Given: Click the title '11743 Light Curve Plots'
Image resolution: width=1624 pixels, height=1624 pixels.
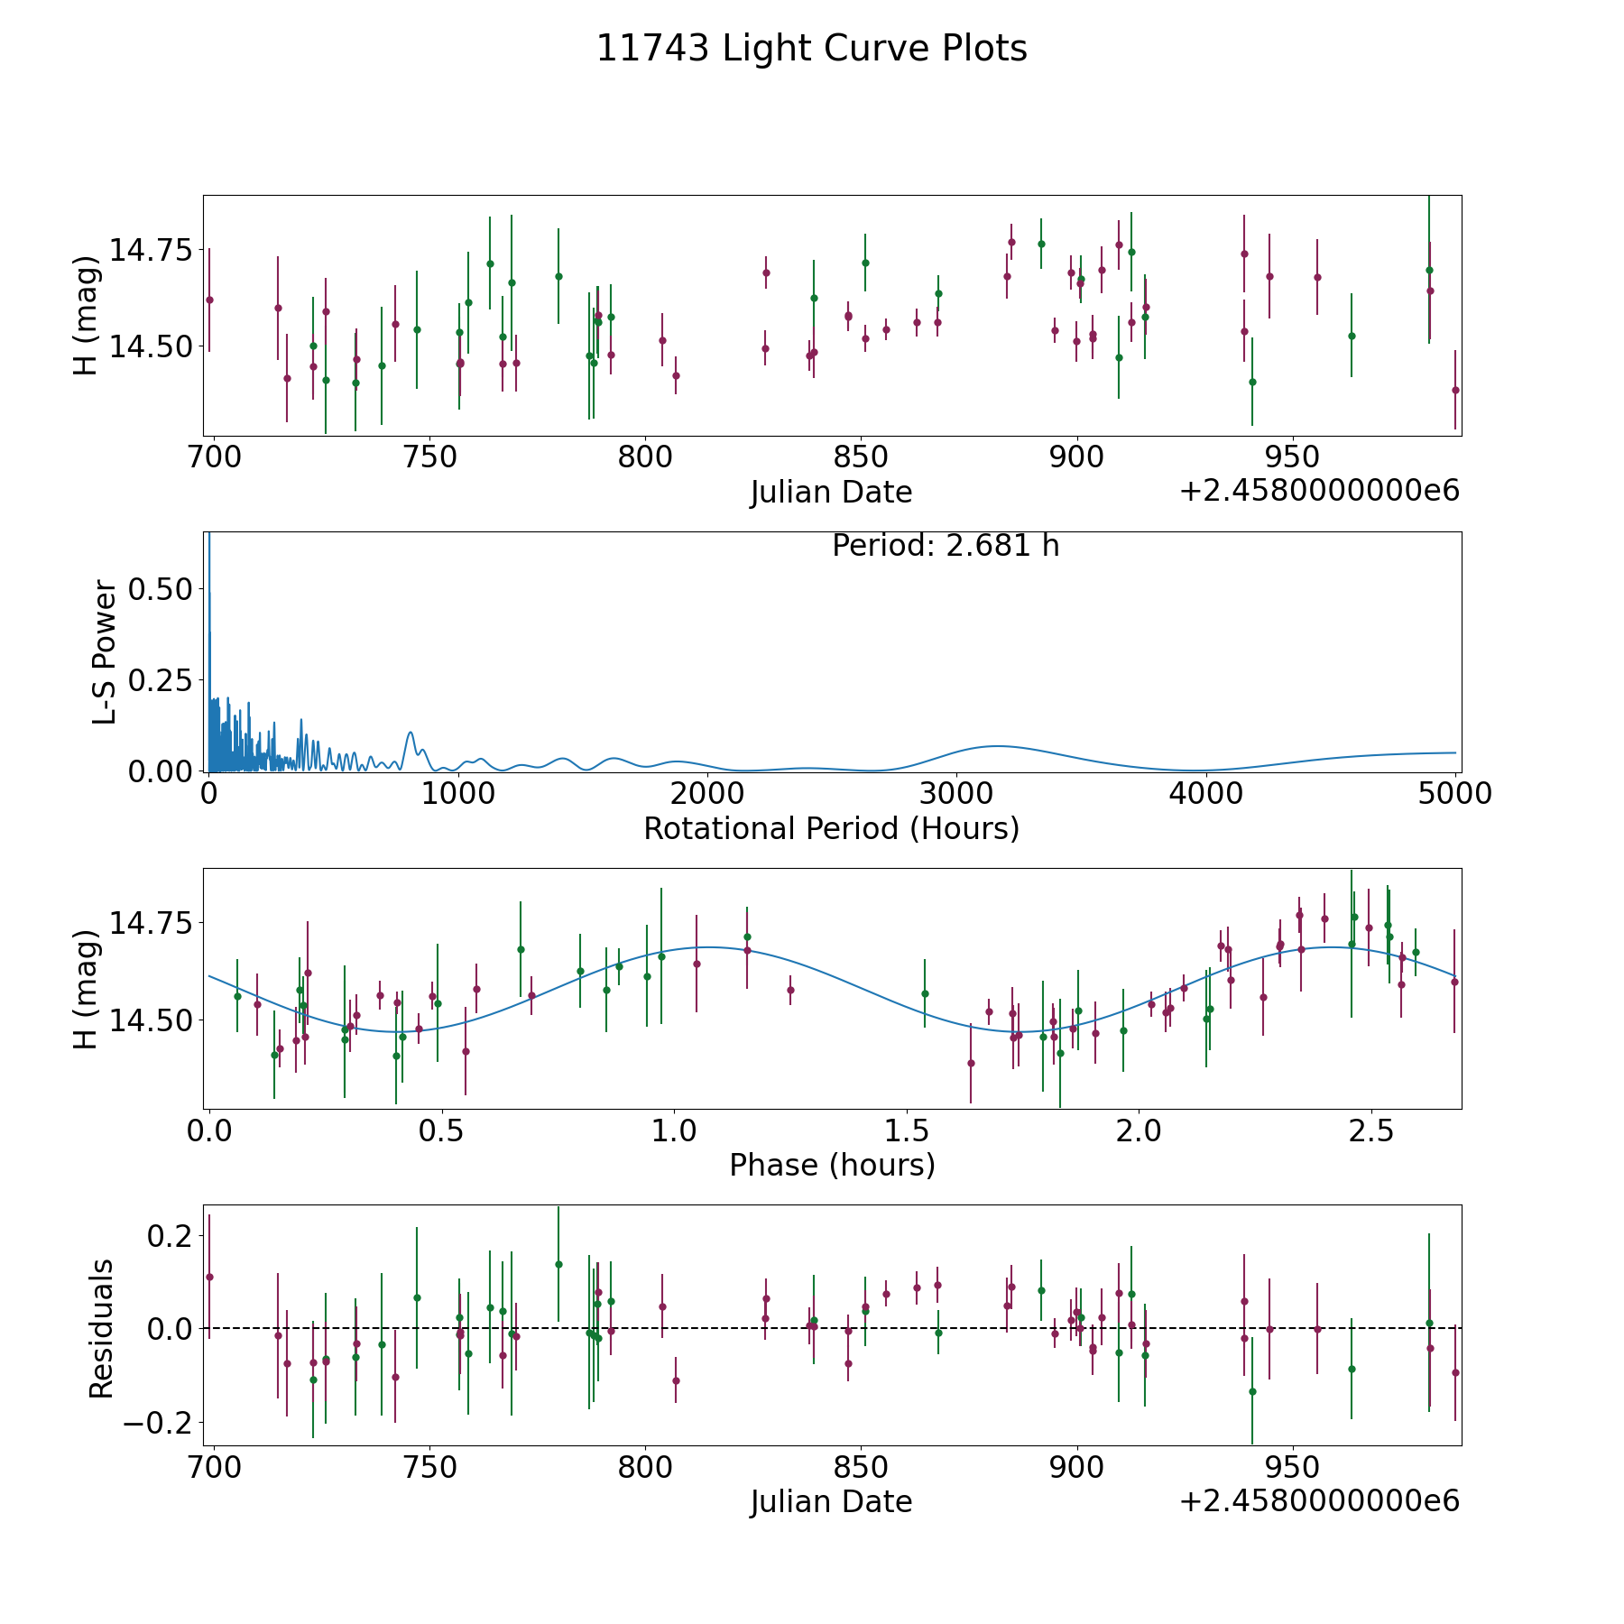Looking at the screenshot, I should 811,49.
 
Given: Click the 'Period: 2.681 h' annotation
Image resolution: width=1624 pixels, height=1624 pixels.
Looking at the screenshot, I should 945,546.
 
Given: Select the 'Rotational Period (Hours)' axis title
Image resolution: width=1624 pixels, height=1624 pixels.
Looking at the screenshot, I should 831,828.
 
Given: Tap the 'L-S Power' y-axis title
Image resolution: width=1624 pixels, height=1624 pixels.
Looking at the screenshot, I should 105,652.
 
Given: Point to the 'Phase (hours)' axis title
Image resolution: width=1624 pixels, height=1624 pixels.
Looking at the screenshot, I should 831,1165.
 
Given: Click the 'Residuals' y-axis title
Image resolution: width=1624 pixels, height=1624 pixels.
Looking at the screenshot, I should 101,1328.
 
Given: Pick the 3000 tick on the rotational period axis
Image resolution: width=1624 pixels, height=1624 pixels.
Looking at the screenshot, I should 956,793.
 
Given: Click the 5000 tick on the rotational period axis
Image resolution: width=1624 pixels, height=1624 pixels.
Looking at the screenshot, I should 1454,793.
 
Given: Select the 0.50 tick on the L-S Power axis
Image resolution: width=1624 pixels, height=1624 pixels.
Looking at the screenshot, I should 161,589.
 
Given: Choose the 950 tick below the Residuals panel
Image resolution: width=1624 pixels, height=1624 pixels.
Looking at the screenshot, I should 1293,1468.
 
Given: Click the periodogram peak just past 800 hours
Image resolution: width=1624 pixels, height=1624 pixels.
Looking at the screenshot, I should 411,732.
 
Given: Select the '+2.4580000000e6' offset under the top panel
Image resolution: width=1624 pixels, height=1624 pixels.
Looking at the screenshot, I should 1319,492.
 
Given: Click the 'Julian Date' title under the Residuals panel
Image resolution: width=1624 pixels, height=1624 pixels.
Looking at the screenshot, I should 831,1502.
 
